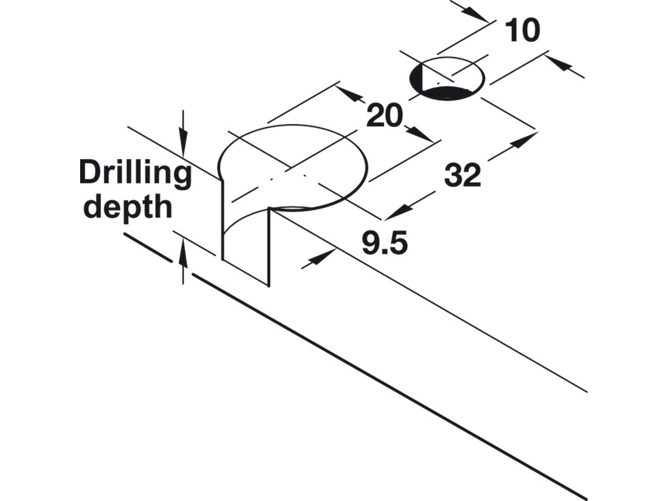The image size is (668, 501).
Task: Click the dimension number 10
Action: [523, 30]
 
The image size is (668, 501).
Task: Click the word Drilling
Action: [135, 173]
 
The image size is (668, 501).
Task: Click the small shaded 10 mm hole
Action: [447, 79]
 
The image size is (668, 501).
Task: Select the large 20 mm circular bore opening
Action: [293, 167]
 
